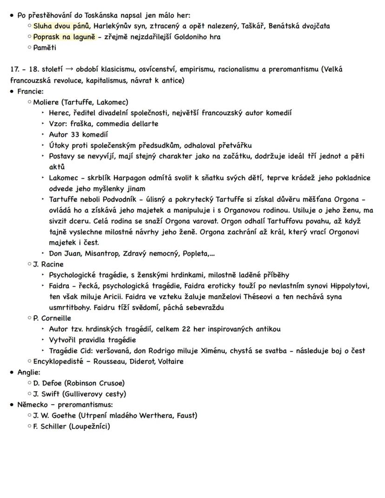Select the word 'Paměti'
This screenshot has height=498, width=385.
coord(45,47)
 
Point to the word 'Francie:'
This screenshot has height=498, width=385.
coord(30,91)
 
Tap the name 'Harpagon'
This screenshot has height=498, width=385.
coord(133,178)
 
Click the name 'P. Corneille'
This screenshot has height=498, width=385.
coord(52,319)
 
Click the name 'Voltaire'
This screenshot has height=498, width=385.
coord(169,361)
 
